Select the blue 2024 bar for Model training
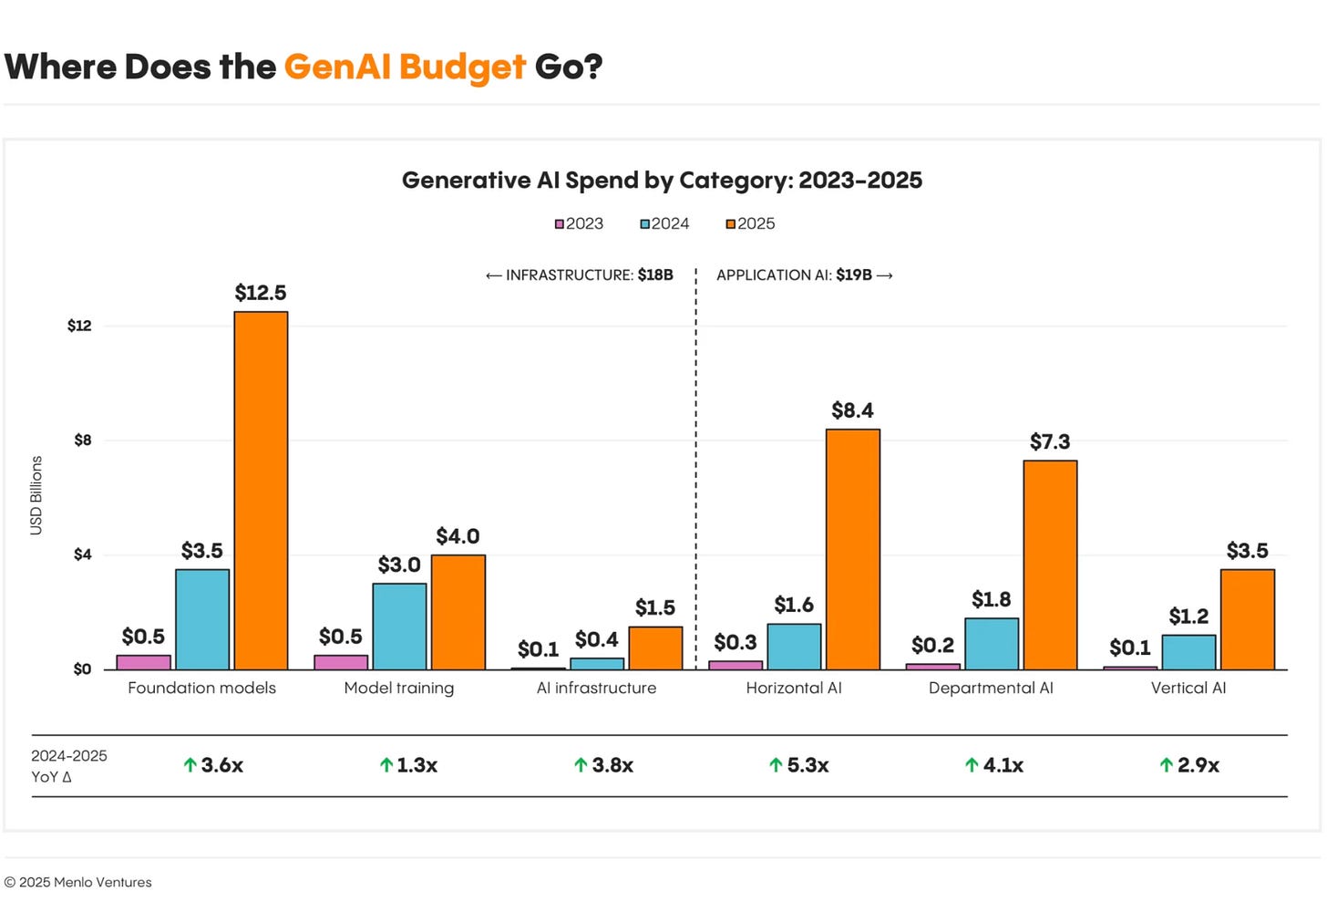point(399,627)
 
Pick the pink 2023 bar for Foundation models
point(144,662)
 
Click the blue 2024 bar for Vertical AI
point(1188,652)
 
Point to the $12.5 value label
point(261,293)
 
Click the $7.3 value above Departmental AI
point(1050,442)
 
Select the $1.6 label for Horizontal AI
point(794,606)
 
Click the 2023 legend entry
point(580,224)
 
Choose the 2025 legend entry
point(750,224)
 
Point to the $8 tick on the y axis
point(83,440)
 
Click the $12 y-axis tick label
point(79,326)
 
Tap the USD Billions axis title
point(36,495)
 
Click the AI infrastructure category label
point(596,689)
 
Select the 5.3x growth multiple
point(808,765)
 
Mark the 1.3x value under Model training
point(417,765)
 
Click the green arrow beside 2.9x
point(1166,765)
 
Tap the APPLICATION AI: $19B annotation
point(804,275)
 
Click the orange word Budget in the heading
point(462,67)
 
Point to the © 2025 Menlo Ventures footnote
point(78,883)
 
